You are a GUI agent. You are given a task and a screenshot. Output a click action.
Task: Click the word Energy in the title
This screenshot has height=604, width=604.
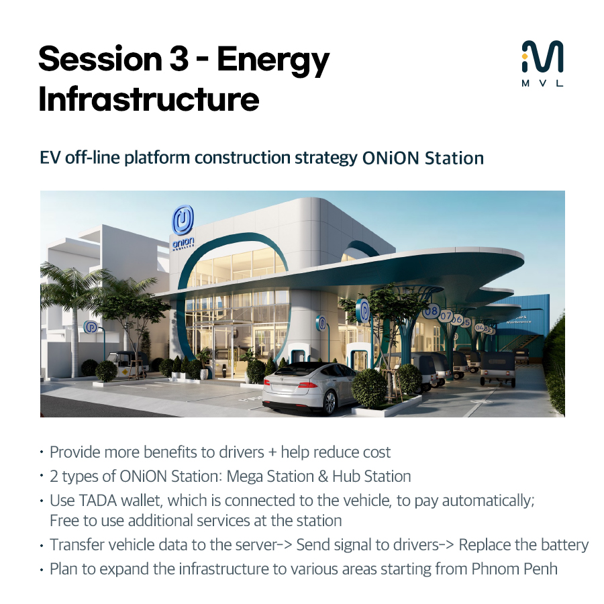coord(273,61)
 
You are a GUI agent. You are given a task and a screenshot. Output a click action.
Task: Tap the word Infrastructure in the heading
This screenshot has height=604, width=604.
coord(149,99)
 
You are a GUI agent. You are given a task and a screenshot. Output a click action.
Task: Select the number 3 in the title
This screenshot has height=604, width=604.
coord(179,59)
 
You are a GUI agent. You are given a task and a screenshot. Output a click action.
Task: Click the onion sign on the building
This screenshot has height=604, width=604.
coord(183,228)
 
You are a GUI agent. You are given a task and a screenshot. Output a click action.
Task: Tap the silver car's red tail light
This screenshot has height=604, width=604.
coord(307,384)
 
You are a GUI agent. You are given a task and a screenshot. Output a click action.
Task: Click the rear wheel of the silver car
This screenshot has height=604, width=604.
coord(330,402)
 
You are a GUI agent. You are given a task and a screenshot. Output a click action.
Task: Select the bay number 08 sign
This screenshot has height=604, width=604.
coord(431,311)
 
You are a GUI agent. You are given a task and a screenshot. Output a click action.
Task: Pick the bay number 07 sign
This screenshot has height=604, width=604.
coord(446,316)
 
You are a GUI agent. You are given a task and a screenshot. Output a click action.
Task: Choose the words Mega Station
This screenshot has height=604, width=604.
coord(270,476)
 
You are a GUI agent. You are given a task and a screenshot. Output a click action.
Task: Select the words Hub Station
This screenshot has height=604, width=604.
coord(371,476)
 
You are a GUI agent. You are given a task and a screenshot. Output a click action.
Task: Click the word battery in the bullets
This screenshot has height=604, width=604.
coord(564,545)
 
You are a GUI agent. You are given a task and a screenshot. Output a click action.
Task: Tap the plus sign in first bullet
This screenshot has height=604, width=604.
coord(272,452)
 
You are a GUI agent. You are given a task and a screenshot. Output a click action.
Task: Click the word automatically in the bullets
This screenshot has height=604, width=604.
coord(488,501)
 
